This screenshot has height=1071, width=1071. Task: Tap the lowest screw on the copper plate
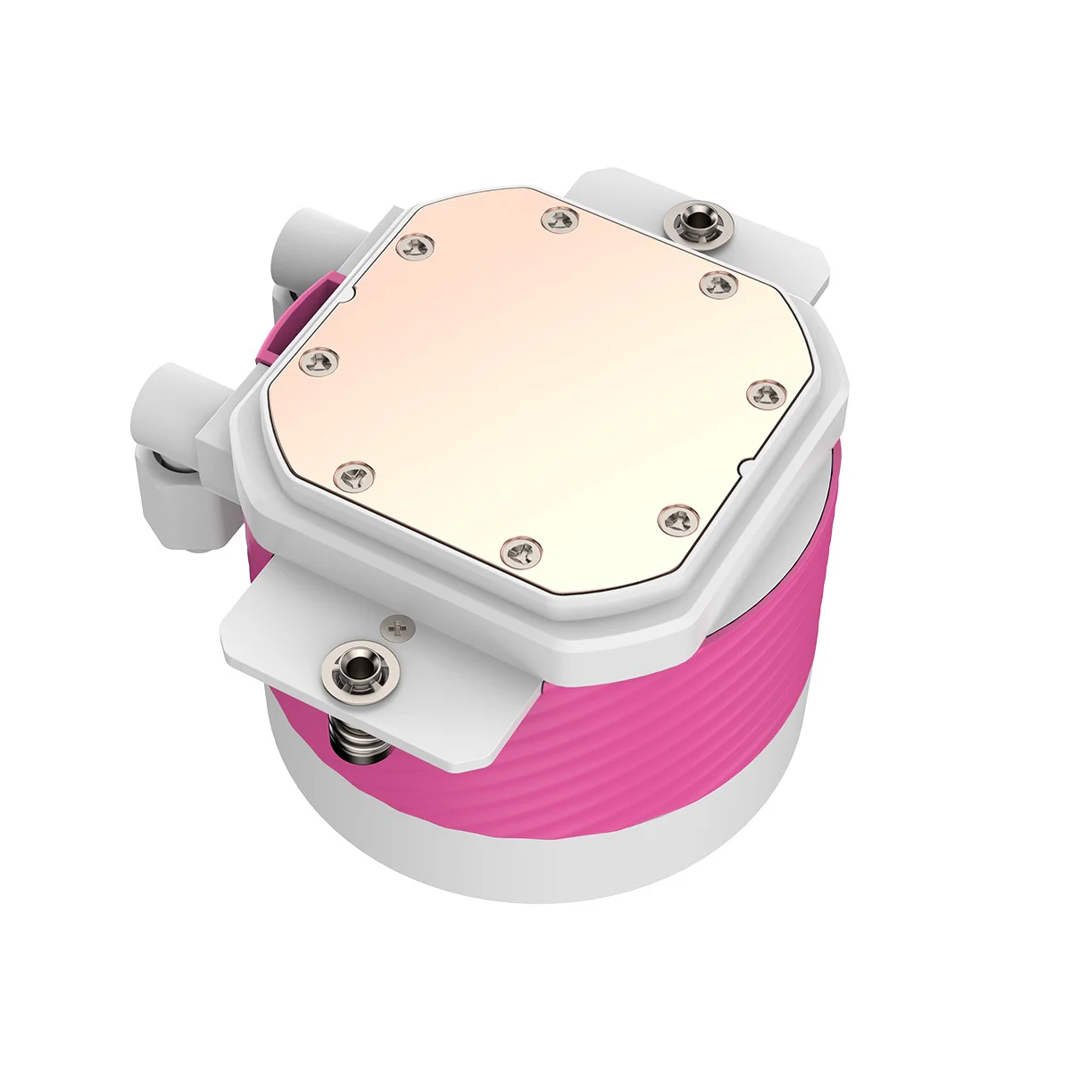(x=520, y=551)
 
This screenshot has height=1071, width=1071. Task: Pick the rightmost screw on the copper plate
(x=762, y=392)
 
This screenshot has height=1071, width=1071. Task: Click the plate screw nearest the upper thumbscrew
(x=718, y=284)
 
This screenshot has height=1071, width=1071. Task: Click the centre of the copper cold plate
(x=535, y=384)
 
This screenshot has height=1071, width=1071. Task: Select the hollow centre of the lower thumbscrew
(x=359, y=664)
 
